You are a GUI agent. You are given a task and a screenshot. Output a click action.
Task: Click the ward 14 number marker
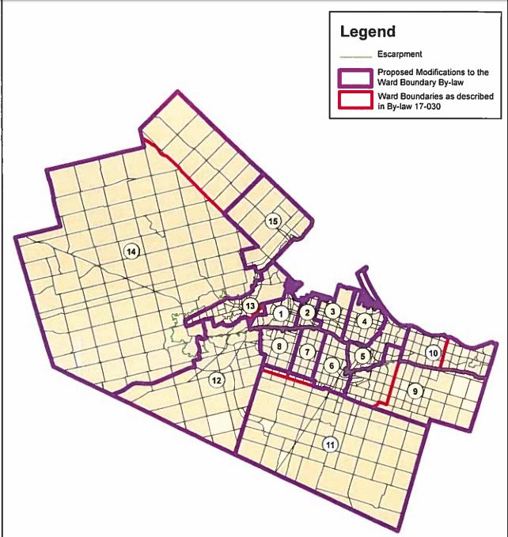[x=132, y=251]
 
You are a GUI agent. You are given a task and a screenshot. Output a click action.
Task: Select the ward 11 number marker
[x=329, y=445]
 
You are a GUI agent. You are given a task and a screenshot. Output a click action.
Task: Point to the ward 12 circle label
[x=215, y=380]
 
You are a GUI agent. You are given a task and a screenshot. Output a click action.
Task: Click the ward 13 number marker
[x=249, y=306]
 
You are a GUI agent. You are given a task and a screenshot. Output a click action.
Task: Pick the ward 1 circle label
[x=279, y=314]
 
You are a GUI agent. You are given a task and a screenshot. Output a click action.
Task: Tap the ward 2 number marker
[x=307, y=313]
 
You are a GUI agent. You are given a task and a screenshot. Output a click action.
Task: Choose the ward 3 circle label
[x=334, y=312]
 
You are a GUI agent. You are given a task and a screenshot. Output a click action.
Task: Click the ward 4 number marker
[x=364, y=321]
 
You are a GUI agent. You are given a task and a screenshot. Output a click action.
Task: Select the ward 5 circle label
[x=361, y=356]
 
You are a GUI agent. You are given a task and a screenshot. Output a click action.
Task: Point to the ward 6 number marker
[x=332, y=365]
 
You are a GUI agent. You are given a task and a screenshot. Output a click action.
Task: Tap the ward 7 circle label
[x=306, y=350]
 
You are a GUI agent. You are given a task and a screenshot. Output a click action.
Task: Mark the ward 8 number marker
[x=279, y=346]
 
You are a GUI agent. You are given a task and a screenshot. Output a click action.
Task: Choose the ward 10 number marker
[x=432, y=353]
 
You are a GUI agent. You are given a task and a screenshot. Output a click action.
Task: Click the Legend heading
[x=367, y=32]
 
